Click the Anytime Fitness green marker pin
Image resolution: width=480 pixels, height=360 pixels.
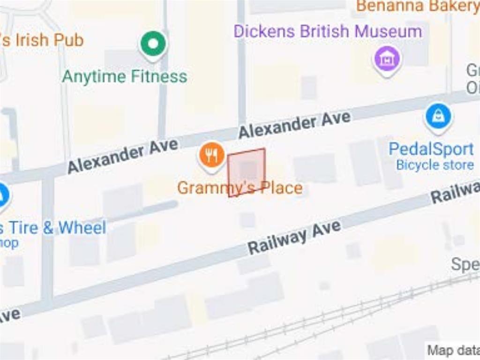tap(153, 44)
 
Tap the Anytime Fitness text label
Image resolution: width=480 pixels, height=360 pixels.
tap(125, 76)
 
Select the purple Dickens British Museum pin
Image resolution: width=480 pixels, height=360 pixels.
tap(387, 60)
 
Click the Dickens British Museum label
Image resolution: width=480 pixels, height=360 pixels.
tap(328, 31)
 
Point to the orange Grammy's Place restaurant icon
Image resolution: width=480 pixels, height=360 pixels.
tap(211, 155)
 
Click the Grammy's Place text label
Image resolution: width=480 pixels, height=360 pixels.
tap(240, 188)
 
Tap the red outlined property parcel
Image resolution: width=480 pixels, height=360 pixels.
tap(247, 172)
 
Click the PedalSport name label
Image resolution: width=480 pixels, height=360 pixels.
tap(431, 149)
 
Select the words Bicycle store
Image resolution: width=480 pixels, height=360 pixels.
tap(435, 165)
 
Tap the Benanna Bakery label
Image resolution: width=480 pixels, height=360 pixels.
tap(417, 6)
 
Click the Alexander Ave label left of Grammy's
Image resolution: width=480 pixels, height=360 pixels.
tap(123, 156)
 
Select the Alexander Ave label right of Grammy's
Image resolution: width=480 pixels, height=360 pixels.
tap(294, 124)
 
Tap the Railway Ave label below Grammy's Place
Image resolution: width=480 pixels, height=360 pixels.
tap(294, 237)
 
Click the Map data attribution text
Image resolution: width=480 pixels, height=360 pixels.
tap(453, 350)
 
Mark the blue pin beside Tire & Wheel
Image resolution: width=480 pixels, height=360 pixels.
tap(2, 195)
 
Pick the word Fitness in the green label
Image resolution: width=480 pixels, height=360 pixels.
tap(158, 76)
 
